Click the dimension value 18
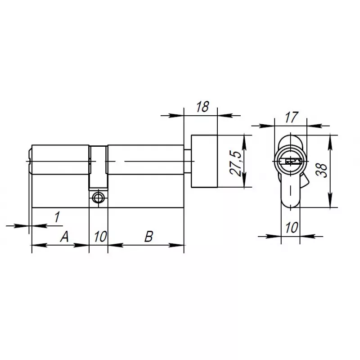202,107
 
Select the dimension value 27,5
236,163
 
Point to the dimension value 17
292,117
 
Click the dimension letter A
64,237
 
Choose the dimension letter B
148,237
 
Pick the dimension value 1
57,217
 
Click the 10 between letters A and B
100,237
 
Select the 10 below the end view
292,228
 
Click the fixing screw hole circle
98,198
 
